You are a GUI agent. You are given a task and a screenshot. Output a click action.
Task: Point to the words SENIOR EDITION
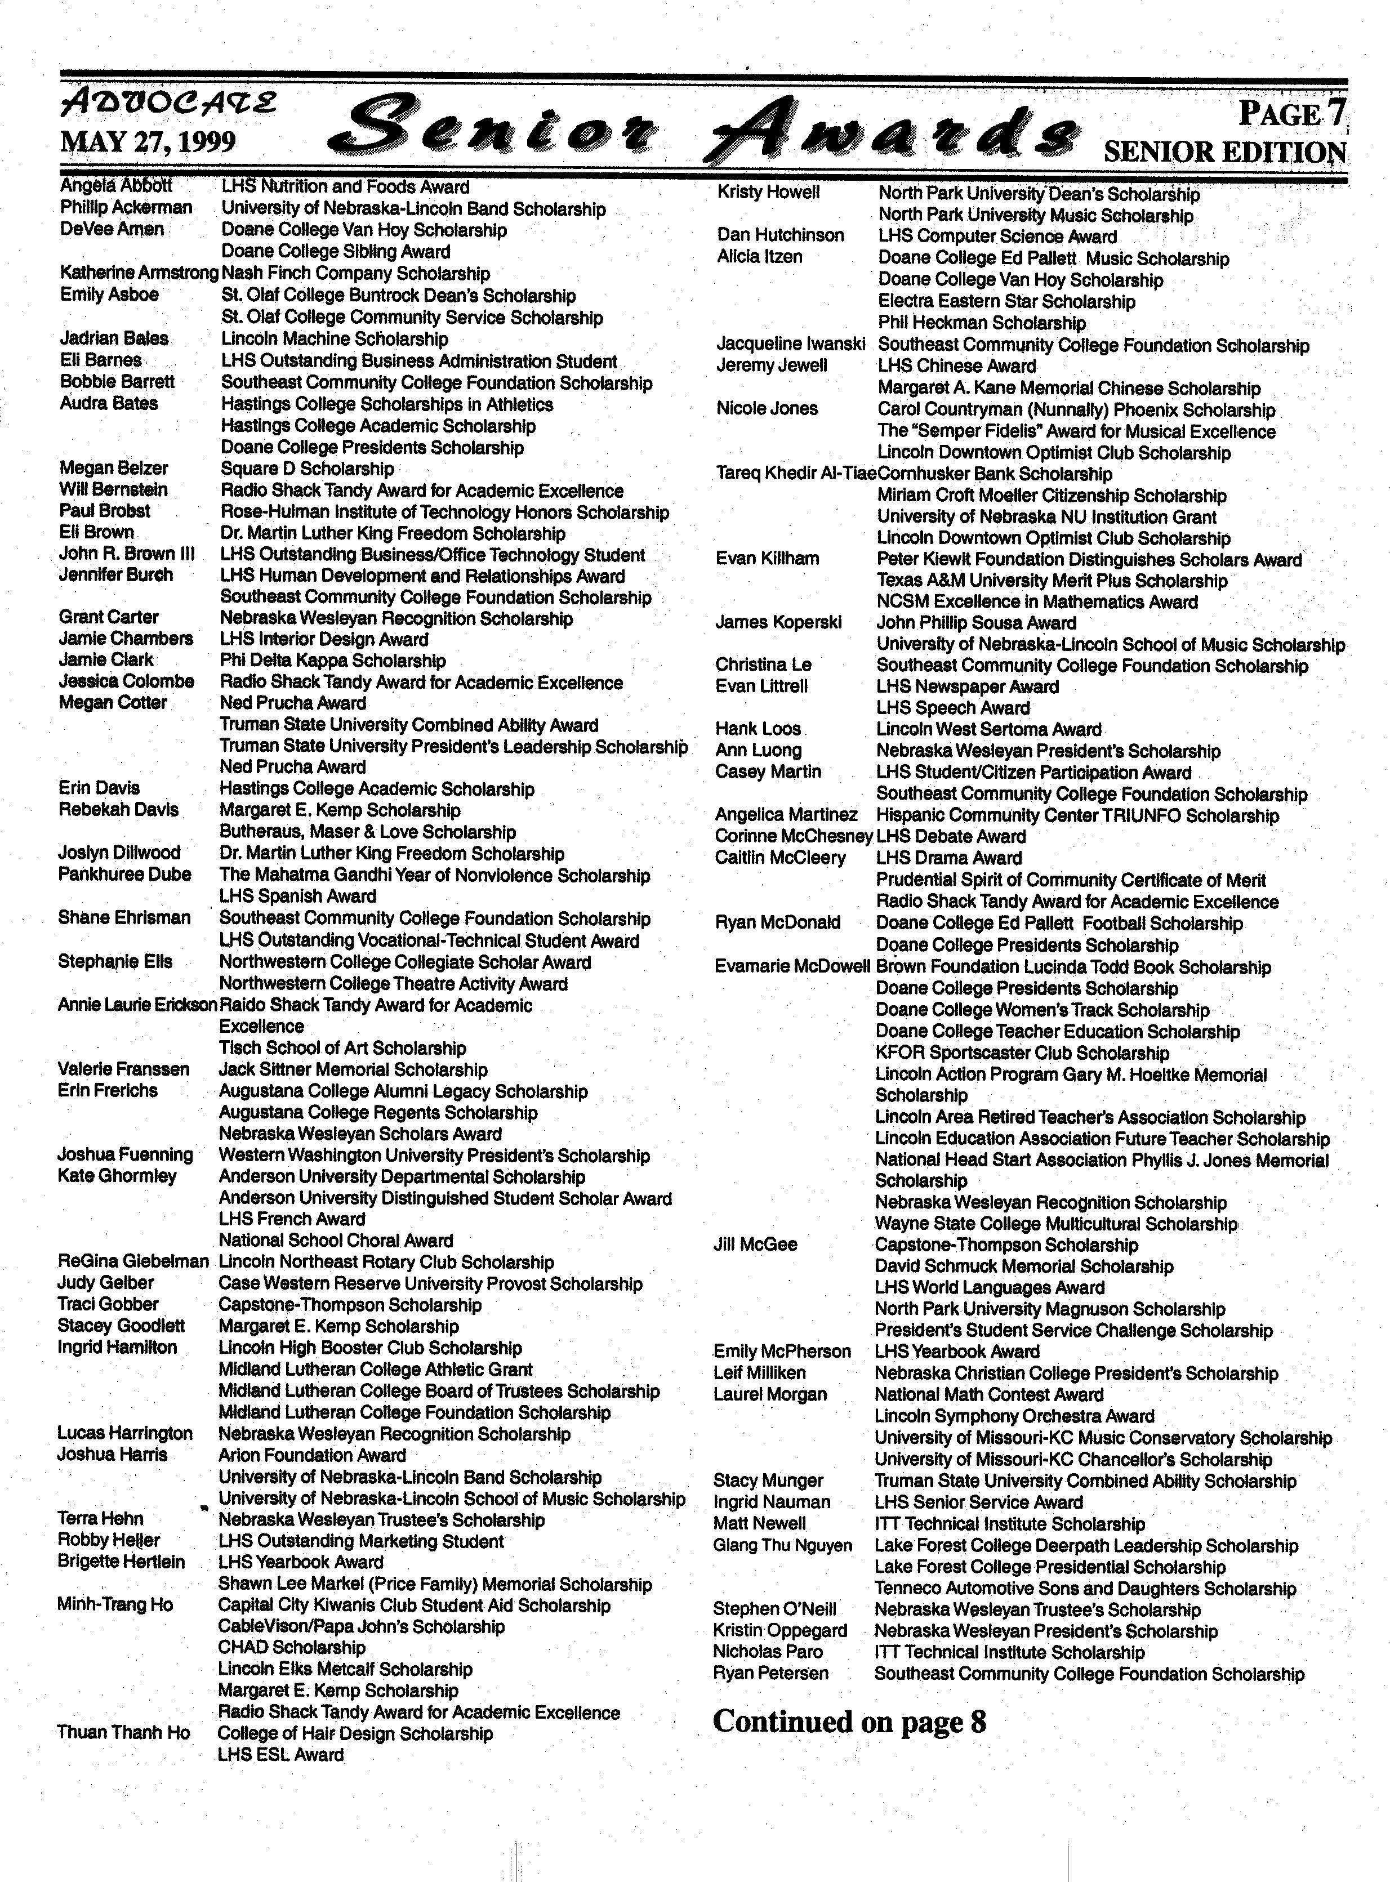coord(1224,152)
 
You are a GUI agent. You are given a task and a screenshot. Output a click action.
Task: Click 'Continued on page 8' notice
coord(849,1722)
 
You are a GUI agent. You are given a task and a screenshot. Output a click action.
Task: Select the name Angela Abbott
coord(116,186)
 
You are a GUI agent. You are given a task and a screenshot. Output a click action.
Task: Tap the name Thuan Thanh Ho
coord(124,1732)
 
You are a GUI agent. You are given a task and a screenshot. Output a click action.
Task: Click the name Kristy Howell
coord(768,193)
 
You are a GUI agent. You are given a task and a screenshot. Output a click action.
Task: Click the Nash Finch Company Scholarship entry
coord(355,274)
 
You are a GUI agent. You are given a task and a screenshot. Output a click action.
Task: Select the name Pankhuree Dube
coord(124,874)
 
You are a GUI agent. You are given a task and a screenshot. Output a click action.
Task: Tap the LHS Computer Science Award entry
coord(997,237)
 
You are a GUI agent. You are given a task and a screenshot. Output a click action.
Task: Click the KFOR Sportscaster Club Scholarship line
coord(1022,1053)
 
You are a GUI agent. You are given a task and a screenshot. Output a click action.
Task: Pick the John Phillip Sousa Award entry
coord(976,623)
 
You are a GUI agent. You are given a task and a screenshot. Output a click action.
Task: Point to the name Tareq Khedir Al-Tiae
coord(796,474)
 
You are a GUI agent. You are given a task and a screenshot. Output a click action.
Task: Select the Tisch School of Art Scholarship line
coord(342,1048)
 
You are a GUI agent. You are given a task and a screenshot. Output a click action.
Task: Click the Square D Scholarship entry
coord(307,469)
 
